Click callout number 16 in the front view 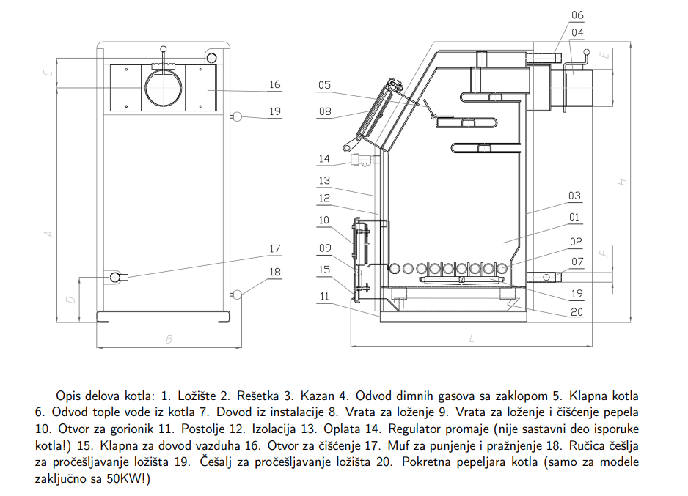(x=274, y=85)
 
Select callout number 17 (x=274, y=249)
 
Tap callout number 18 (x=274, y=272)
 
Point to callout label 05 (x=324, y=85)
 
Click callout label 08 (x=324, y=112)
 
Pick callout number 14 (x=324, y=159)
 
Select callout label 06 (x=577, y=15)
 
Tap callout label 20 (x=577, y=311)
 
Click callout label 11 (x=324, y=297)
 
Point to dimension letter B (x=169, y=339)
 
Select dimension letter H (x=622, y=182)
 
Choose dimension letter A (x=49, y=233)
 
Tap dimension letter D (x=69, y=300)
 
